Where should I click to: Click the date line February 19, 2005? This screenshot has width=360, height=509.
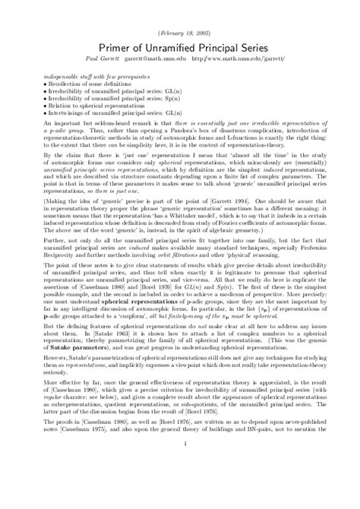[x=180, y=14]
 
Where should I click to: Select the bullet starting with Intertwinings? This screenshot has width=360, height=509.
[x=122, y=113]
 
